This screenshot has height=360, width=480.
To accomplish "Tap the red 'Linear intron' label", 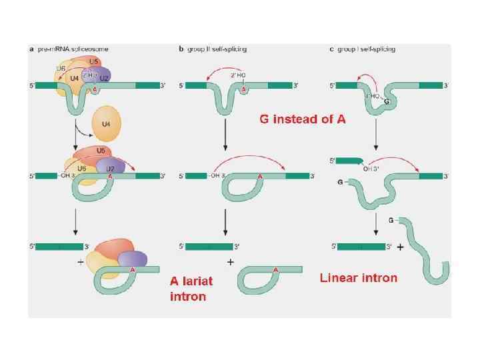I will (359, 277).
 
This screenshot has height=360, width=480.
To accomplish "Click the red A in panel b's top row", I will (244, 89).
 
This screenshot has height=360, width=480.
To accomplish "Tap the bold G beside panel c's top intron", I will (387, 101).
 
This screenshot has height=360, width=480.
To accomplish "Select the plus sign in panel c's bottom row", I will (401, 247).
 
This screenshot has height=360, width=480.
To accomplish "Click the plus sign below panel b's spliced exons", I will (230, 263).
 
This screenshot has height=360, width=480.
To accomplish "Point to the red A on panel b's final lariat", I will (276, 269).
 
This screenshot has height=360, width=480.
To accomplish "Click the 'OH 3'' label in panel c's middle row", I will (371, 169).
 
